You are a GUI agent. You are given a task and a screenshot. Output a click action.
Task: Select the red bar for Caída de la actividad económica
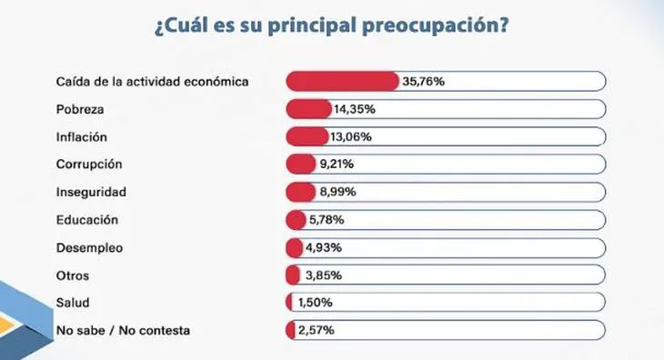click(342, 82)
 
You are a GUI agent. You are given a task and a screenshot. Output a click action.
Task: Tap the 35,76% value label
click(423, 82)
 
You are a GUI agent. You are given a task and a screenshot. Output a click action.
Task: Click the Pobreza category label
click(81, 109)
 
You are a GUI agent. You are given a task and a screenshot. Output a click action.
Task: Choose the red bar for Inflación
click(307, 137)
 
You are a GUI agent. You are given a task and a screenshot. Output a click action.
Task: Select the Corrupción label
click(89, 165)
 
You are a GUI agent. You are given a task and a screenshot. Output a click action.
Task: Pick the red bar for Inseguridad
click(299, 193)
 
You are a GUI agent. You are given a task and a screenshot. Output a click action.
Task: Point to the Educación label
click(87, 220)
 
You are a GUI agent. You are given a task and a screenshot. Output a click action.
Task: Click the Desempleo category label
click(89, 247)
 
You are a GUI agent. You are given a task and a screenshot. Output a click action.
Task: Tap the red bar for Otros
click(293, 275)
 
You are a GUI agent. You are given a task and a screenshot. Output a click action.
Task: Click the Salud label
click(72, 303)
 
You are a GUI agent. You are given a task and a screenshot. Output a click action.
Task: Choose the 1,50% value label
click(315, 303)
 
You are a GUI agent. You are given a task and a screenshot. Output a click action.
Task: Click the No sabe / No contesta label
click(123, 330)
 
